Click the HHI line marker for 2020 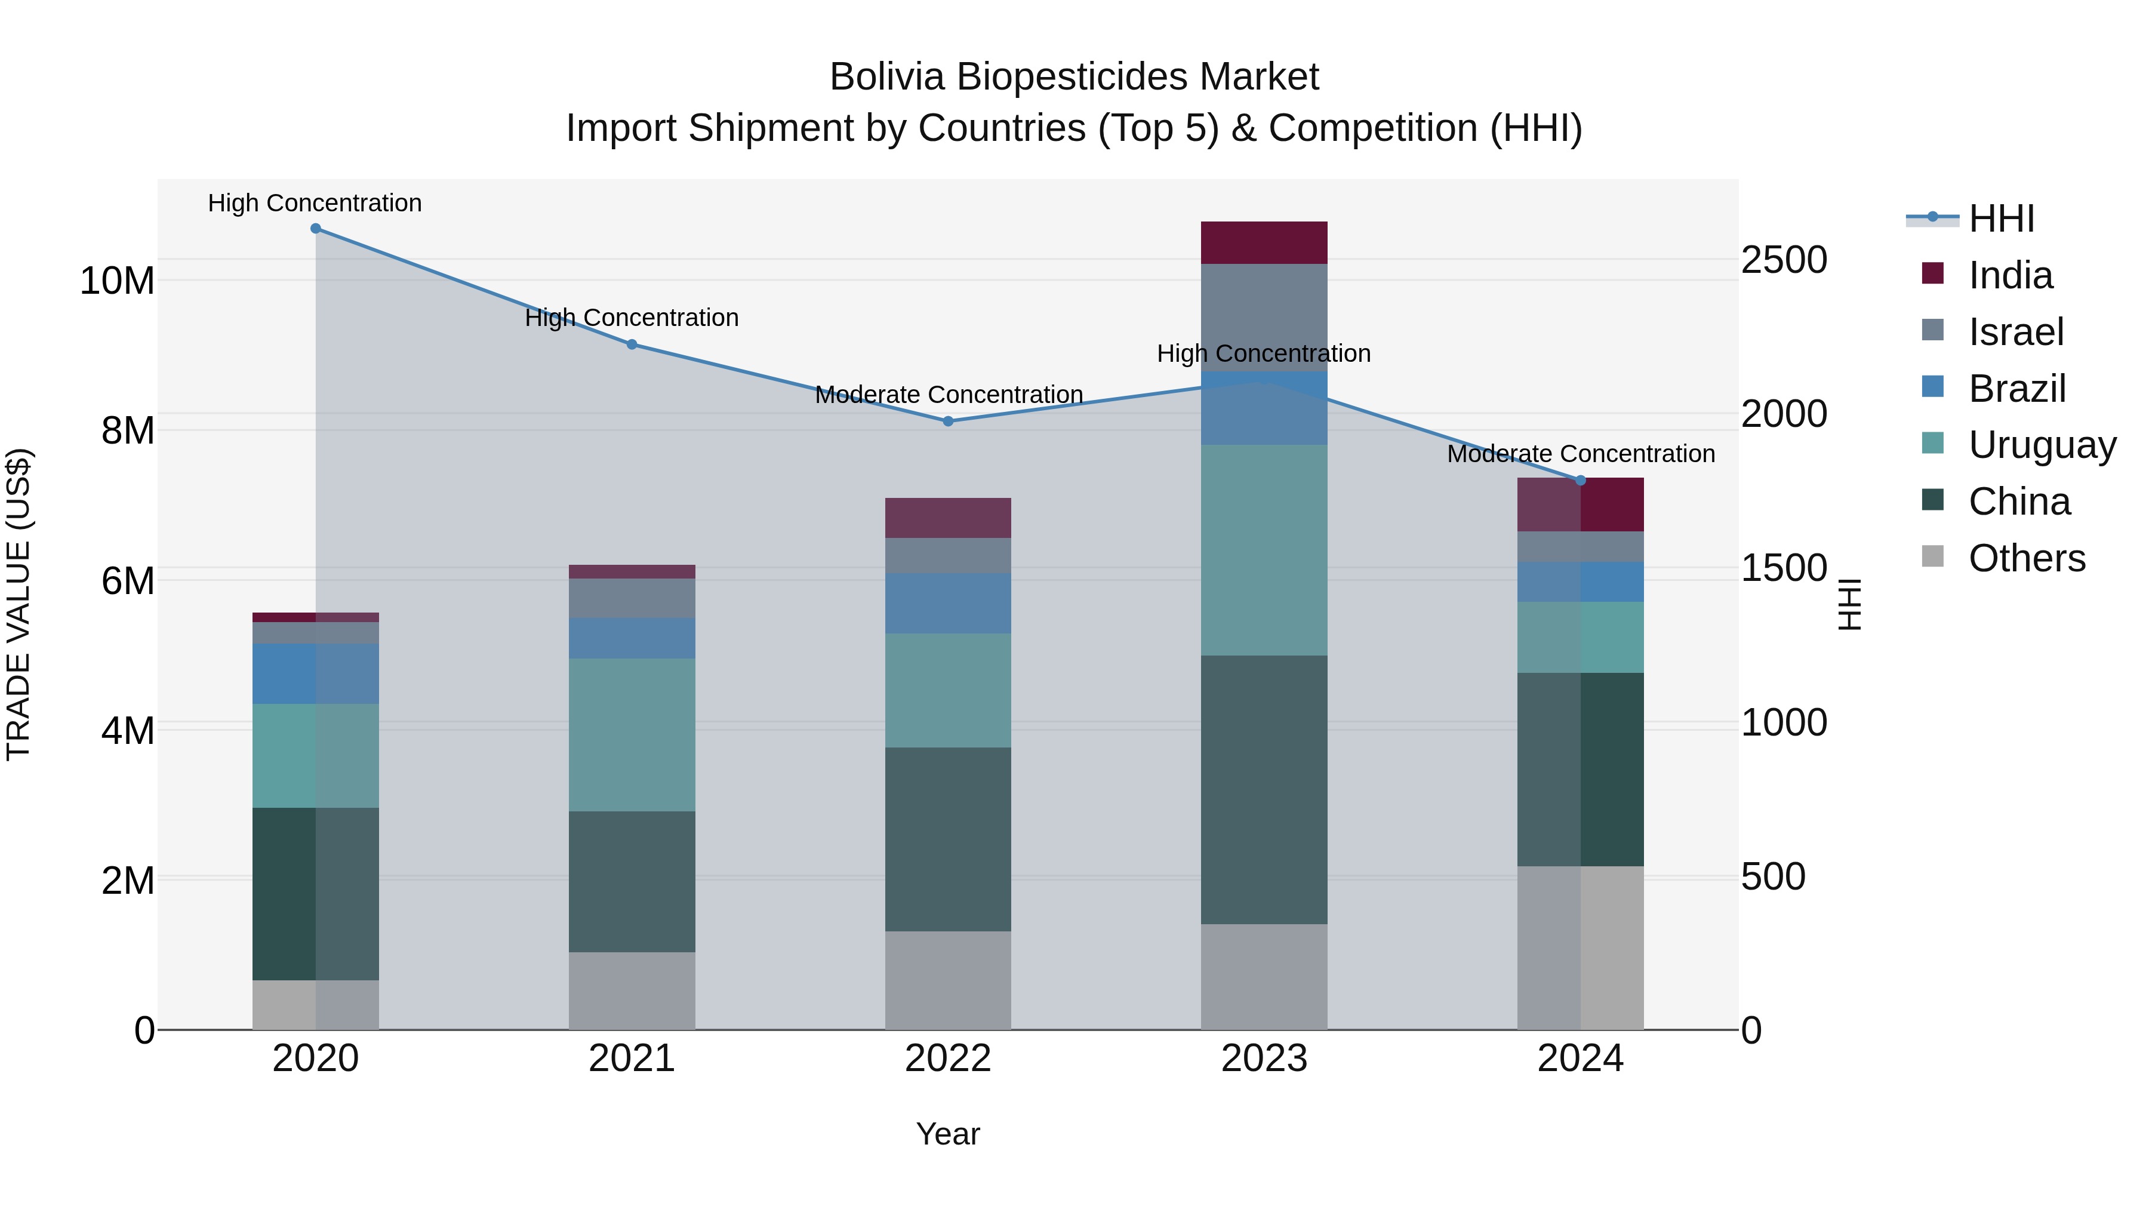pyautogui.click(x=315, y=229)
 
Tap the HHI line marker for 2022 pyautogui.click(x=948, y=422)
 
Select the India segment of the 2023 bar pyautogui.click(x=1264, y=243)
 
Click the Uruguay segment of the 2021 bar pyautogui.click(x=632, y=734)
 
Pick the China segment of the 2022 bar pyautogui.click(x=948, y=839)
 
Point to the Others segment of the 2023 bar pyautogui.click(x=1264, y=976)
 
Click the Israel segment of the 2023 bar pyautogui.click(x=1264, y=317)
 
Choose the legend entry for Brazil pyautogui.click(x=2016, y=389)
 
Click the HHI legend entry pyautogui.click(x=2000, y=219)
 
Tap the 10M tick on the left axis pyautogui.click(x=117, y=281)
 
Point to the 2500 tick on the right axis pyautogui.click(x=1784, y=260)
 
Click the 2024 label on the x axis pyautogui.click(x=1580, y=1059)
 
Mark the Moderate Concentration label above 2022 pyautogui.click(x=949, y=395)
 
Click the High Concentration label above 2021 pyautogui.click(x=632, y=318)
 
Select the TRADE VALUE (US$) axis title pyautogui.click(x=19, y=604)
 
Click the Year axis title pyautogui.click(x=948, y=1134)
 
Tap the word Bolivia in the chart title pyautogui.click(x=887, y=77)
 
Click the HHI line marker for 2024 pyautogui.click(x=1580, y=481)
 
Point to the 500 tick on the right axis pyautogui.click(x=1774, y=877)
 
